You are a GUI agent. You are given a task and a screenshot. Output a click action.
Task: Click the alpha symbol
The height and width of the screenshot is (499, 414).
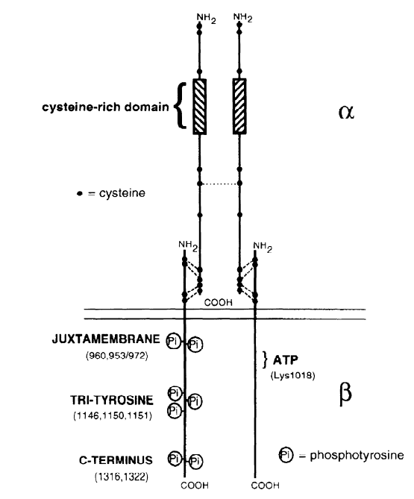click(x=346, y=112)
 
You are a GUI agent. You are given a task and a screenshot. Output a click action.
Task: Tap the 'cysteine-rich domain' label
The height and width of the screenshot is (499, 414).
click(x=105, y=107)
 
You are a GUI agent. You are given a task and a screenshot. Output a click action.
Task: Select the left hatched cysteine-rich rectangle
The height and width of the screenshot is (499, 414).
click(x=199, y=107)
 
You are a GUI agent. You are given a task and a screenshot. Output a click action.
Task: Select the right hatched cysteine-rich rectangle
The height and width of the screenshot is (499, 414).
click(x=239, y=107)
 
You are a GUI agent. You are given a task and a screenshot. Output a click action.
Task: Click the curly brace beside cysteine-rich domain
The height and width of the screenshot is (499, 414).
click(x=181, y=106)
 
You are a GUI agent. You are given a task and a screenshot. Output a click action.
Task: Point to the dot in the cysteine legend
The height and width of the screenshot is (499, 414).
click(x=80, y=193)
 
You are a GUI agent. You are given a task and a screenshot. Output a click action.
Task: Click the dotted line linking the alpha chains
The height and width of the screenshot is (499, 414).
click(x=219, y=183)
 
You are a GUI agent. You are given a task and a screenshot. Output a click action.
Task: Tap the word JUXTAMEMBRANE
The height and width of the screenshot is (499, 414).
click(x=106, y=339)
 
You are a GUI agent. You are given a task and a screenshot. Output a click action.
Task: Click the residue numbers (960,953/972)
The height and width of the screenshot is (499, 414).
click(x=117, y=356)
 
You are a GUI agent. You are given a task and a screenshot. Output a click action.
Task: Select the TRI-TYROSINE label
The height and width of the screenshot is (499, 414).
click(x=112, y=400)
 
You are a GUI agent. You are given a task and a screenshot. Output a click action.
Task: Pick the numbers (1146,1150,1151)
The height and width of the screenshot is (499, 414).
click(x=113, y=415)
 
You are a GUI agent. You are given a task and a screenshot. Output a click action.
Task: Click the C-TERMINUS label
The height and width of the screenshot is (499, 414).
click(x=116, y=460)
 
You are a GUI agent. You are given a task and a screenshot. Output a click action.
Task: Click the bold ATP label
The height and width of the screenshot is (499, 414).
click(x=286, y=360)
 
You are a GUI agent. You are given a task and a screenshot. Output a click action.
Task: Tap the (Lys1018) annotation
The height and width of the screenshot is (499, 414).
click(x=292, y=375)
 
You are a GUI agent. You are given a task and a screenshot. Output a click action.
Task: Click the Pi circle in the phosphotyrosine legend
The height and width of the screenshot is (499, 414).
click(x=286, y=455)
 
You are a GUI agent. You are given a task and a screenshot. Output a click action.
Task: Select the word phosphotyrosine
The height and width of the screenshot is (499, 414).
click(x=357, y=456)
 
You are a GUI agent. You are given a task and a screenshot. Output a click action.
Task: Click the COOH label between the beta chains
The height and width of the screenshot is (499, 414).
click(x=219, y=302)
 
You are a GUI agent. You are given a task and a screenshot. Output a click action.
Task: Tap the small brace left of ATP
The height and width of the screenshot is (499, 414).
click(x=265, y=360)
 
